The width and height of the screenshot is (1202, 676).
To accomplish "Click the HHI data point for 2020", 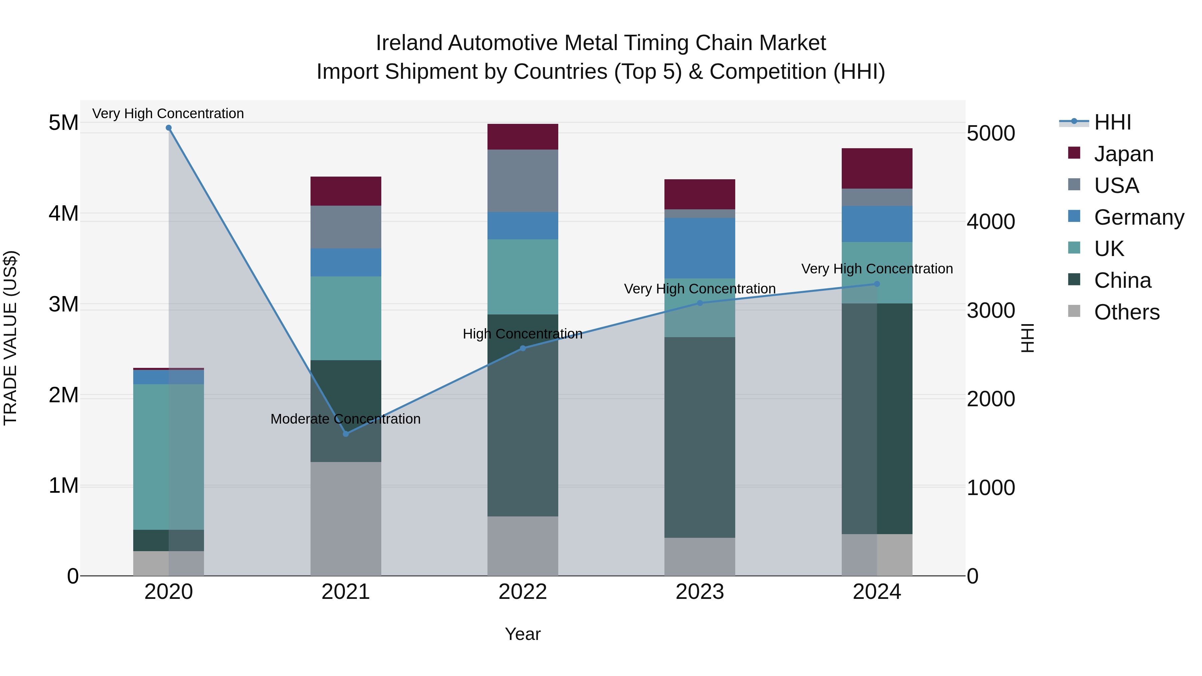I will [169, 128].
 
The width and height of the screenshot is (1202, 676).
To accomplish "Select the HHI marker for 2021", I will [346, 434].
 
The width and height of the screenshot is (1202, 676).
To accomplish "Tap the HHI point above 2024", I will [877, 284].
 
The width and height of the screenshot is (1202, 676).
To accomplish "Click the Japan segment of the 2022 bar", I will [523, 137].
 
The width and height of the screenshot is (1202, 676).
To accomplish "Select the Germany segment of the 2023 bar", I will [699, 248].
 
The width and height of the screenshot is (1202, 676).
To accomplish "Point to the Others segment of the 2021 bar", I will [346, 518].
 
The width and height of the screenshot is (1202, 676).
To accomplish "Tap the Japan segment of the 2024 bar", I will [877, 169].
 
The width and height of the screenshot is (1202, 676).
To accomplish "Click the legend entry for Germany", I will [1139, 217].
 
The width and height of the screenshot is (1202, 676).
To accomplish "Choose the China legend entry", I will [1122, 280].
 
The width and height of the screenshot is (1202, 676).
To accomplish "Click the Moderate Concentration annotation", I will [345, 419].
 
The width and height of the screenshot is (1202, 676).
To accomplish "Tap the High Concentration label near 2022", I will [523, 334].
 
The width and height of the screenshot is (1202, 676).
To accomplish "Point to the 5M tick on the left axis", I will [63, 123].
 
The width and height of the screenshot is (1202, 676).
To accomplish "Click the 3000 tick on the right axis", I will [991, 311].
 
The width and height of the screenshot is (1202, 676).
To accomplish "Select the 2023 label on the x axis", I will [699, 592].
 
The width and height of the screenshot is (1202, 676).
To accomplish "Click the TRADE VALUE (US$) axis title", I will [10, 338].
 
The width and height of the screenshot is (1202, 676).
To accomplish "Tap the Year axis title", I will [523, 634].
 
